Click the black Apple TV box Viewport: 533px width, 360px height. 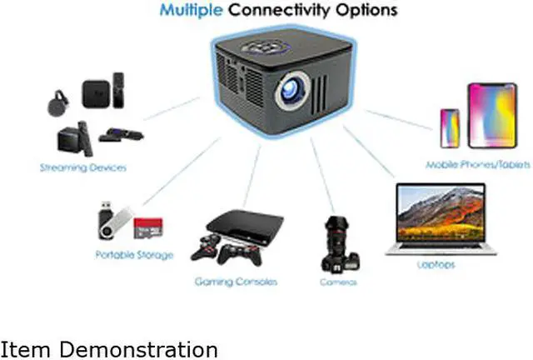coord(97,92)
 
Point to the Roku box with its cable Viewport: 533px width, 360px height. coord(114,133)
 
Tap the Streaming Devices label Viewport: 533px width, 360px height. coord(83,168)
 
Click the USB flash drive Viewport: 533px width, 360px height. coord(112,218)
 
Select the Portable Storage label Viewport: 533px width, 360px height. coord(134,255)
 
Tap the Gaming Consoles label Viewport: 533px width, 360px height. coord(235,282)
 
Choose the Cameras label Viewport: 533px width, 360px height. coord(339,282)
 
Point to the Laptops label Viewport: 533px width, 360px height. coord(436,265)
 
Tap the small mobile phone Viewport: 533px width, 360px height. coord(449,127)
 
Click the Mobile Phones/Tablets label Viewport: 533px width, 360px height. coord(477,166)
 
